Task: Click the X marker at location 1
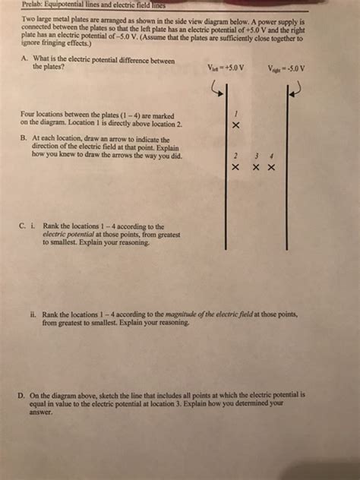[x=237, y=125]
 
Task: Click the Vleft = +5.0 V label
[x=225, y=67]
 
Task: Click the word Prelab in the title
[x=32, y=5]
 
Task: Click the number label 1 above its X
[x=237, y=112]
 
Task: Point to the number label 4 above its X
[x=271, y=154]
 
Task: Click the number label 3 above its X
[x=257, y=154]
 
